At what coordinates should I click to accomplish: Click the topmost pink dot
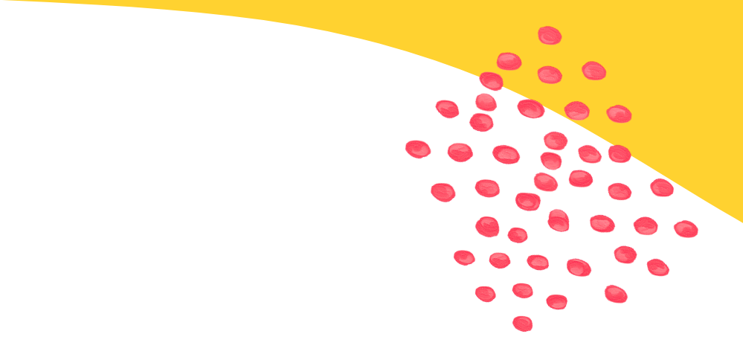tap(549, 35)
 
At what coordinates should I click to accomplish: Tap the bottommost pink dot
tap(522, 324)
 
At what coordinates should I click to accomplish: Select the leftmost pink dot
tap(417, 149)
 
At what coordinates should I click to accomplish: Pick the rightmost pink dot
tap(685, 228)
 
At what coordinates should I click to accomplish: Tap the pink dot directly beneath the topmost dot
tap(549, 74)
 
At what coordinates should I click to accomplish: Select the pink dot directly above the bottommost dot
tap(522, 290)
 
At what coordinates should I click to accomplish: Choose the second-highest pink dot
tap(509, 61)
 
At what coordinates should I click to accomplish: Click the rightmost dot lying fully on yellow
tap(618, 114)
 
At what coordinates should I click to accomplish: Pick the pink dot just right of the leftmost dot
tap(460, 152)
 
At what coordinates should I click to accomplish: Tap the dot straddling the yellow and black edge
tap(490, 81)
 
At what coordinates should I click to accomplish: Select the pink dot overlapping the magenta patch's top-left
tap(557, 218)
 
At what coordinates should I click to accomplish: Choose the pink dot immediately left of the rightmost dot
tap(644, 225)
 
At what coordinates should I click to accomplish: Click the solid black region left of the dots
tap(186, 186)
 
